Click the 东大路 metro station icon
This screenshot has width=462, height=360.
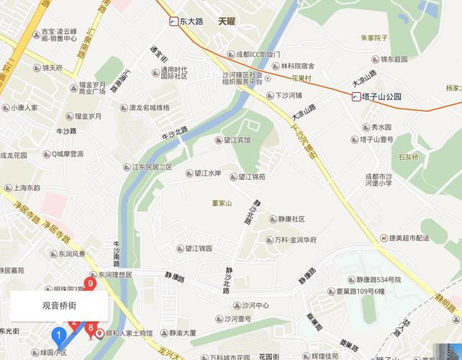(174, 22)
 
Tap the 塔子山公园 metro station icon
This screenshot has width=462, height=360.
(356, 96)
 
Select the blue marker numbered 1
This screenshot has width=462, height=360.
(58, 334)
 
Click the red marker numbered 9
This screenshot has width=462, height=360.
(91, 283)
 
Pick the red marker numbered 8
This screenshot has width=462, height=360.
(91, 330)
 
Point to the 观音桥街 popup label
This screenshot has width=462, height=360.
(59, 305)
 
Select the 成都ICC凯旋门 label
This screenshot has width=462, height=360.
(253, 54)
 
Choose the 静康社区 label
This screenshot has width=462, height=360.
(287, 219)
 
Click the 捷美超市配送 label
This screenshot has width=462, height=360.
(409, 238)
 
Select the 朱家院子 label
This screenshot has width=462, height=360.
(374, 37)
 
